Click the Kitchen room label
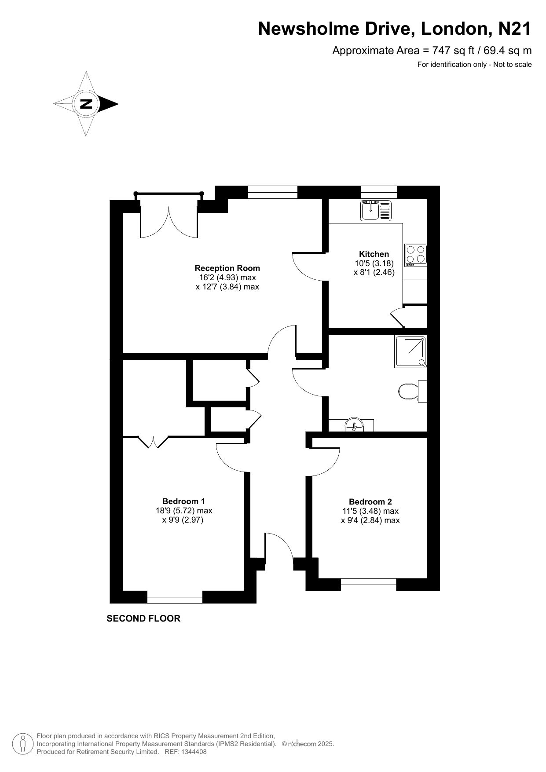click(x=374, y=254)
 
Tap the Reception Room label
click(x=227, y=268)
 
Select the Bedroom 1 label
click(x=183, y=501)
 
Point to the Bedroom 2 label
click(x=370, y=501)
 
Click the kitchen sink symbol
click(x=376, y=210)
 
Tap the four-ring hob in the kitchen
click(x=416, y=255)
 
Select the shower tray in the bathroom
click(x=411, y=351)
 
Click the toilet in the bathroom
click(x=413, y=391)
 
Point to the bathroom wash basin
click(x=354, y=425)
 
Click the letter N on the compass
click(x=86, y=104)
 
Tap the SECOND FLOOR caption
click(x=143, y=618)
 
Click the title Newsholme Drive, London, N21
click(x=395, y=29)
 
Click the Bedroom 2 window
click(x=369, y=585)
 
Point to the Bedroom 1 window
click(x=175, y=597)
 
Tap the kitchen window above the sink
click(x=379, y=192)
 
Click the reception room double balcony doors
click(x=169, y=216)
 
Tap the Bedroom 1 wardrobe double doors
click(x=154, y=442)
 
